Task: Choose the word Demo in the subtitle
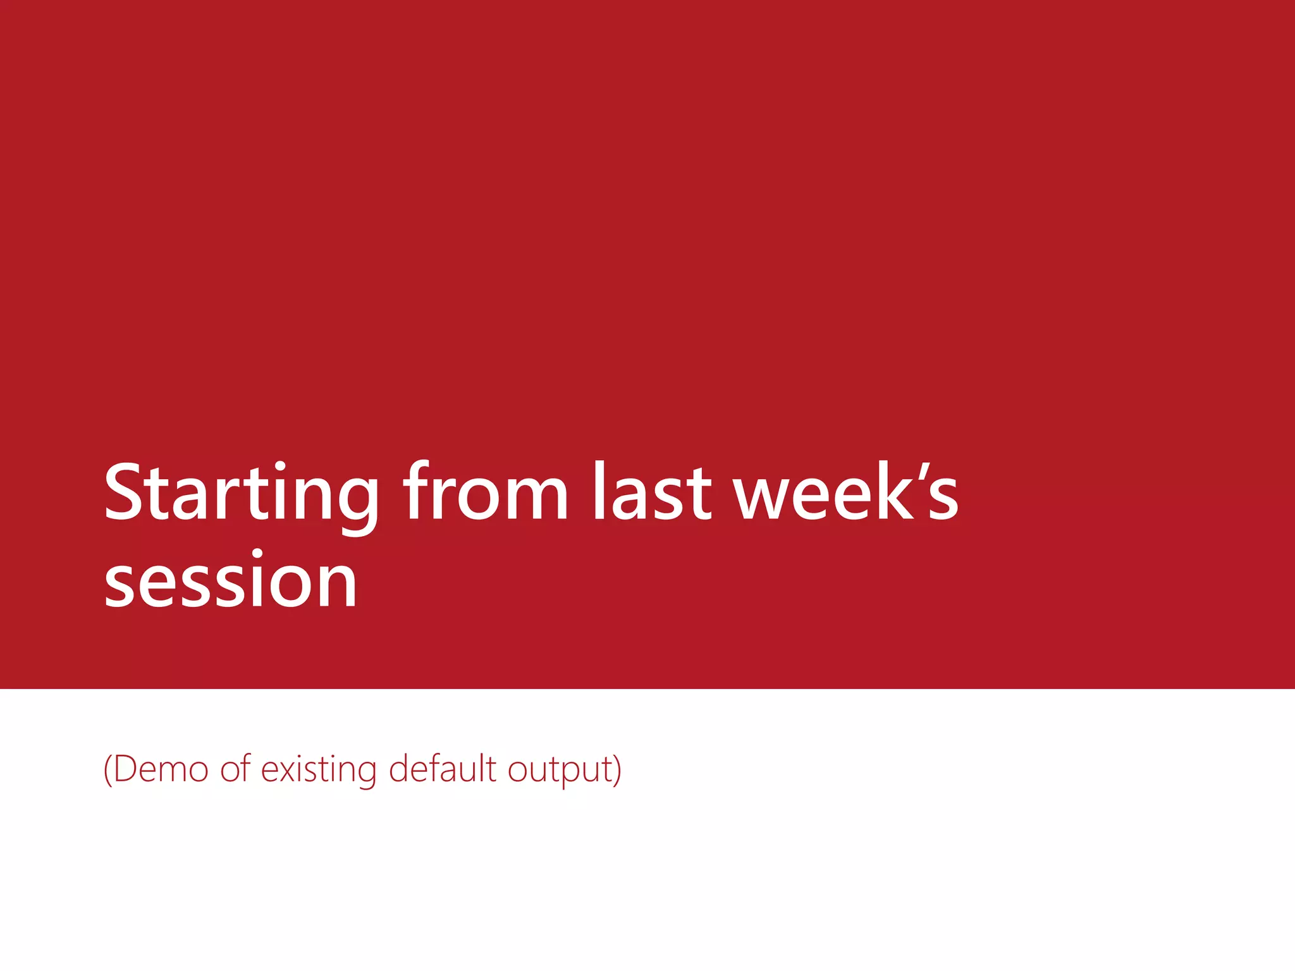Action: (x=161, y=769)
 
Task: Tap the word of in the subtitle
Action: (x=236, y=769)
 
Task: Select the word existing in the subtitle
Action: (x=319, y=771)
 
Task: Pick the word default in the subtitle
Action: (x=443, y=769)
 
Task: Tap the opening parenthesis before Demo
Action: (x=108, y=770)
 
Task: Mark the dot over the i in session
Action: (x=257, y=555)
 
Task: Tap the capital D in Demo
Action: (x=126, y=769)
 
